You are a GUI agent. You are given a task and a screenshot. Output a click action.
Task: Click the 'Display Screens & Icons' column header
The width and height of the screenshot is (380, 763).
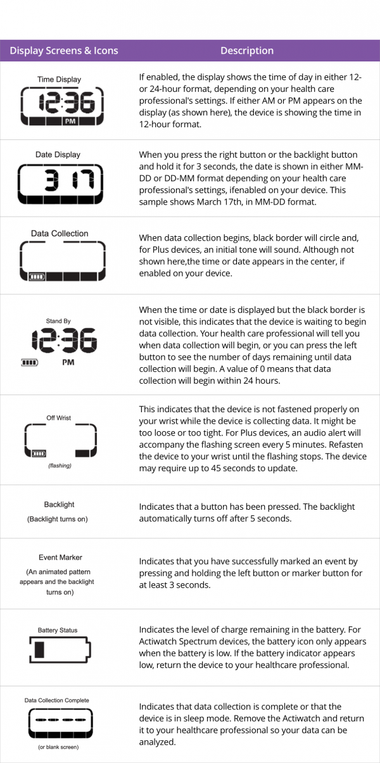point(64,51)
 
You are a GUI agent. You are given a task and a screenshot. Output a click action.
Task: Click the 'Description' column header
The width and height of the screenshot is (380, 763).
point(247,51)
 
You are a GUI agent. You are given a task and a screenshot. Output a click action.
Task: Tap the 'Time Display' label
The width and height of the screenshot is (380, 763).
point(60,80)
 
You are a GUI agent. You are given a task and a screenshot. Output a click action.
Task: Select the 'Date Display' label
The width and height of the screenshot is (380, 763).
point(58,154)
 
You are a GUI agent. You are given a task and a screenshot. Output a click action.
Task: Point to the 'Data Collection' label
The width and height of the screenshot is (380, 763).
point(60,234)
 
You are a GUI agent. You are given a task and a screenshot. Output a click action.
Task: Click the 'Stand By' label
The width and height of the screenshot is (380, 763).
point(58,321)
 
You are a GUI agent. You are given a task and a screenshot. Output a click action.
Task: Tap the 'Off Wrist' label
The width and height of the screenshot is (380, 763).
point(59,418)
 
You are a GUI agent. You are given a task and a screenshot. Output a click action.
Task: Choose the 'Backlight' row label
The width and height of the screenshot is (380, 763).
point(59,505)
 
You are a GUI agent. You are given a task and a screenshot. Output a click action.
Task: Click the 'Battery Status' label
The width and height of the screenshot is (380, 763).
point(58,631)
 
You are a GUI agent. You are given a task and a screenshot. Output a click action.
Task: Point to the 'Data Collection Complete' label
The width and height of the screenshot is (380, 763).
point(57,700)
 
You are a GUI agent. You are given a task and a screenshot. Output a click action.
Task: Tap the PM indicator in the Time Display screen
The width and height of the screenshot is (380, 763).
point(70,120)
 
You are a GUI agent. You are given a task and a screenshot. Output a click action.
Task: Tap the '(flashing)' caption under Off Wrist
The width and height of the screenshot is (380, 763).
point(59,465)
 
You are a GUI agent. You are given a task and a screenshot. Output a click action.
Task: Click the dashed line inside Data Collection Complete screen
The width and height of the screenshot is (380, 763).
point(57,721)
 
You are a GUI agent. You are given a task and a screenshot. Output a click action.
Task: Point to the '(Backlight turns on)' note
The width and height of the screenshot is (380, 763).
point(58,519)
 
